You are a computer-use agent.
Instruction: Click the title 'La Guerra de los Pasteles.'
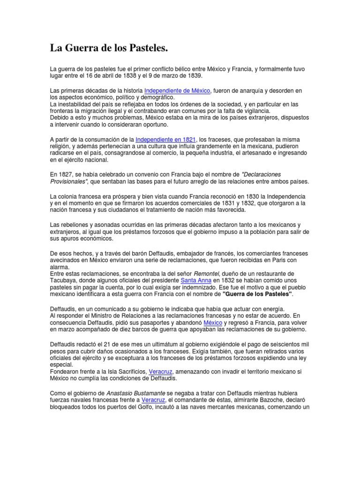[x=109, y=48]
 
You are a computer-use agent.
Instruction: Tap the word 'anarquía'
[x=259, y=90]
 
